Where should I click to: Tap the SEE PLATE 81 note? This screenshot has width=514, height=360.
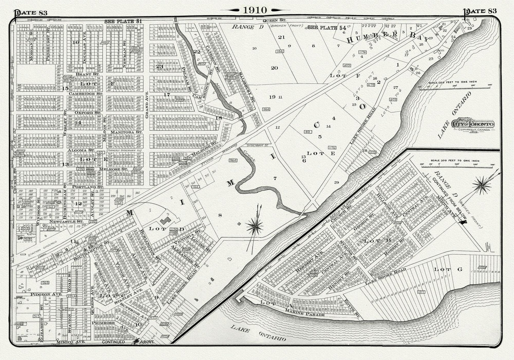click(x=123, y=21)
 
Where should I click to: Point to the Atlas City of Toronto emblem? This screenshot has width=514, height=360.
click(x=472, y=125)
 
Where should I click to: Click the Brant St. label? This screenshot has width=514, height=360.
click(x=85, y=75)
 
